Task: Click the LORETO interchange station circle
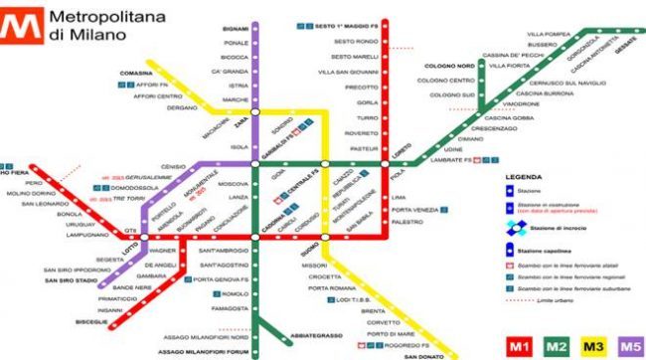387,163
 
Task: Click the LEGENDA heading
524,177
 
